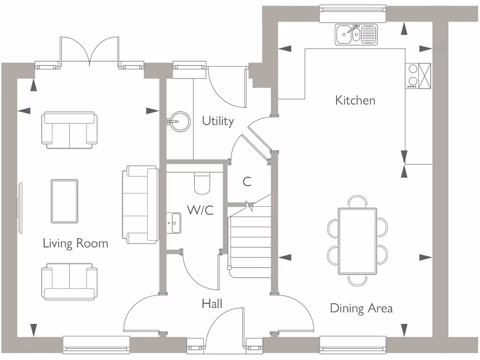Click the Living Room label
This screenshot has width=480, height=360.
[75, 243]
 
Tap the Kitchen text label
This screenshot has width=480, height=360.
[355, 100]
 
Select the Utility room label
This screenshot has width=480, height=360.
[217, 121]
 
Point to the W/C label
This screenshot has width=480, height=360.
[200, 210]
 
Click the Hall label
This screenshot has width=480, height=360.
[212, 304]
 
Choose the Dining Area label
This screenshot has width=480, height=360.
[361, 308]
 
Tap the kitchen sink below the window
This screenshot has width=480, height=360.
[356, 34]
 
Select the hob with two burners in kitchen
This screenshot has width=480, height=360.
[412, 75]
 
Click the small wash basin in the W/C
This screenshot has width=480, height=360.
[175, 223]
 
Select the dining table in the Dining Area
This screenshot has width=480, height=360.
[357, 241]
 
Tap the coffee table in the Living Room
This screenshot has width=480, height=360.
[65, 201]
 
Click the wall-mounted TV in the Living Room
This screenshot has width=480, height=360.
[20, 207]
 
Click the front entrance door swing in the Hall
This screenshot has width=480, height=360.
[225, 328]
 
